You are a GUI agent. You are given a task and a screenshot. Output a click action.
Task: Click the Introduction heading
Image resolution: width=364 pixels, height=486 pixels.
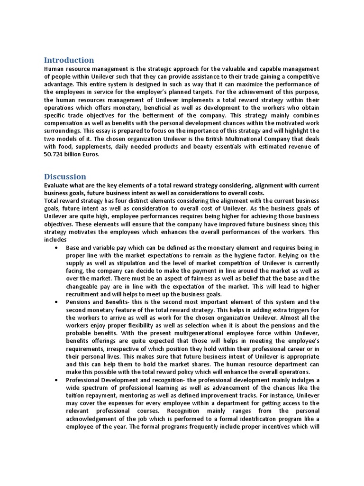coord(69,60)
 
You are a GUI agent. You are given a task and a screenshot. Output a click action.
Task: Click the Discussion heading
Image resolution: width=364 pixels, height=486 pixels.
coord(65,177)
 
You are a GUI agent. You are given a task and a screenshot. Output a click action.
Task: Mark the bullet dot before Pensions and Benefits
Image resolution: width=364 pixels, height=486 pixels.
coord(57,301)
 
